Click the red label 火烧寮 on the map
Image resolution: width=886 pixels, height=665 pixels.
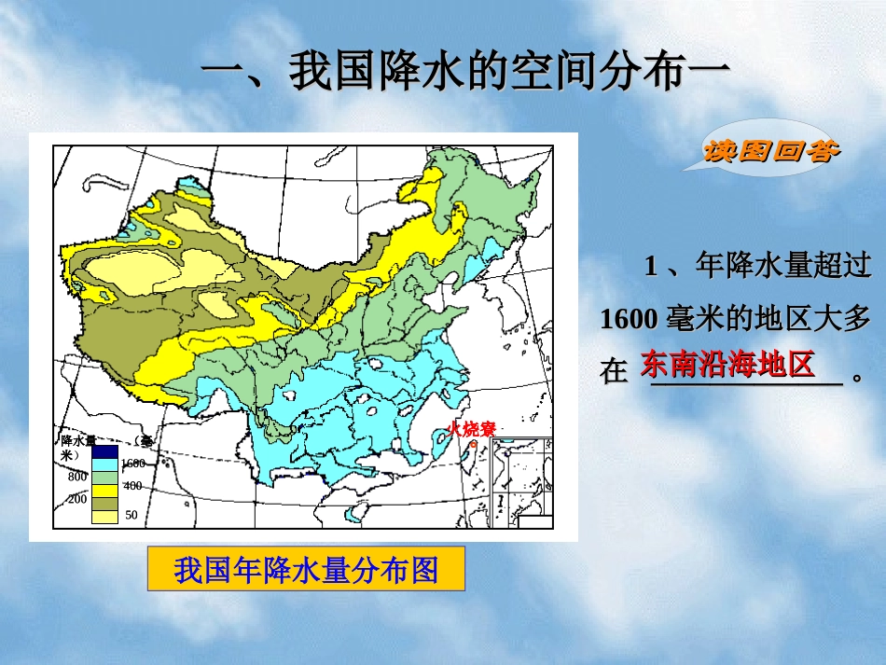click(471, 429)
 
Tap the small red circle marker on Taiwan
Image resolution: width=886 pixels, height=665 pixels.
click(472, 444)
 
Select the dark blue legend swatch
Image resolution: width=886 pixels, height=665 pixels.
click(104, 451)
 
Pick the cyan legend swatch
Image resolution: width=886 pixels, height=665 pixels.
click(104, 464)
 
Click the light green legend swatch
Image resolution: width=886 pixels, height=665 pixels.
click(104, 476)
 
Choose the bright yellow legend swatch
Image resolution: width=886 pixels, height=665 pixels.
click(104, 488)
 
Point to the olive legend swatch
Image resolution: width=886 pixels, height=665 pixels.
click(104, 501)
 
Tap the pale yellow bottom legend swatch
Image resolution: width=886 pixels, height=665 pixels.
click(104, 515)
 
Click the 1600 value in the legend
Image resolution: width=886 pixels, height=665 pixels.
click(132, 464)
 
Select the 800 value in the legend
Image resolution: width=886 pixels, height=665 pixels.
click(77, 476)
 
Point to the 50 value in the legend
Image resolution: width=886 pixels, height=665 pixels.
click(131, 515)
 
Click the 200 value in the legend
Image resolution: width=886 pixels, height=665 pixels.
click(77, 499)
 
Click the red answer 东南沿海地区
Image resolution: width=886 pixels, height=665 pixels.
click(727, 363)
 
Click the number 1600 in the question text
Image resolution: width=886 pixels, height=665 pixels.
click(629, 319)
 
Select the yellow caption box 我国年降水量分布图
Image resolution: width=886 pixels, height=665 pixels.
click(306, 569)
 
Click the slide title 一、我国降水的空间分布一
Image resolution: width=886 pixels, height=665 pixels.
click(464, 72)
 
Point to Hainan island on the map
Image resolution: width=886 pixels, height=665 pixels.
click(354, 512)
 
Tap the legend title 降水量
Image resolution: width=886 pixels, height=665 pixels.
click(78, 439)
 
